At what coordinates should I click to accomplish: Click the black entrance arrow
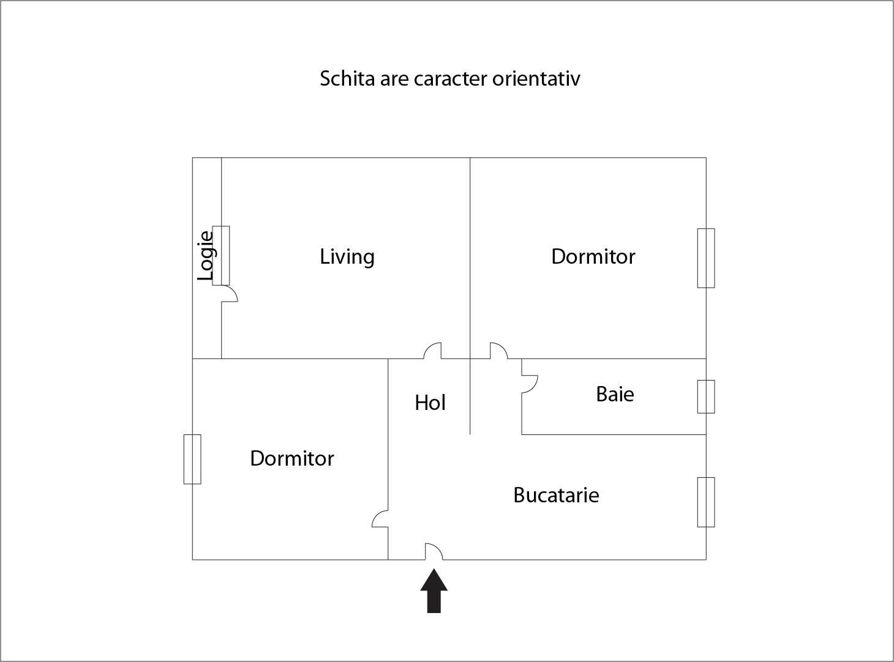point(434,592)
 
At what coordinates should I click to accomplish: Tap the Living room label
point(347,256)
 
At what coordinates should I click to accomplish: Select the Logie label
point(205,256)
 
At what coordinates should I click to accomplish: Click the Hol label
point(430,403)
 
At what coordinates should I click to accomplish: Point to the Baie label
point(615,394)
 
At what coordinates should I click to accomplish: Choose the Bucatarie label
point(556,495)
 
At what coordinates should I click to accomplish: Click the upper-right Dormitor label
point(593,256)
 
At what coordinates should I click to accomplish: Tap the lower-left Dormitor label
point(292,458)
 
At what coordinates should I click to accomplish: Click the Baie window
point(706,396)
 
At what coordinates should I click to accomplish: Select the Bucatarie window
point(706,502)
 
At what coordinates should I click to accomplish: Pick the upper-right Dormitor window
point(706,258)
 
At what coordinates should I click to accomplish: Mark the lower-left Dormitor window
point(192,459)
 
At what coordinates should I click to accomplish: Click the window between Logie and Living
point(221,256)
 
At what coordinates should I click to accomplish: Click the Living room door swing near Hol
point(429,346)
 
